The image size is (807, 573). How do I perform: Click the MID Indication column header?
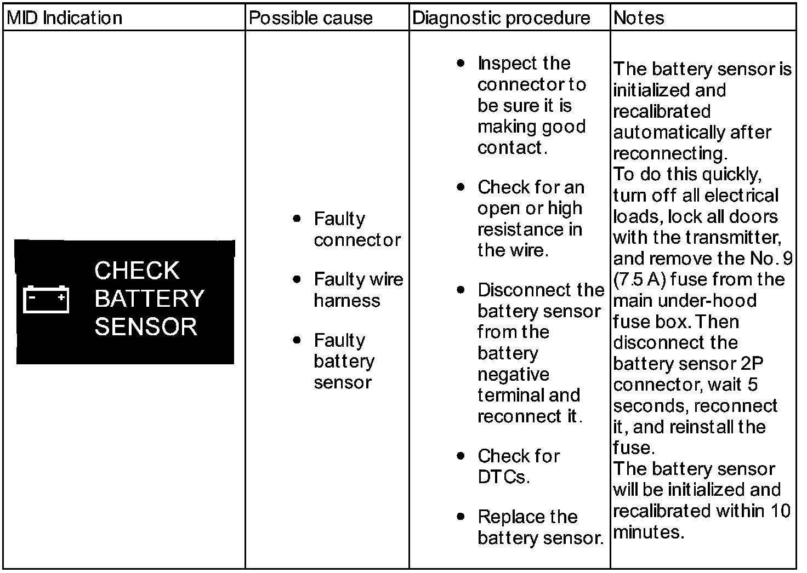(64, 18)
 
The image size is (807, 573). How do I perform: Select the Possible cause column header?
(310, 18)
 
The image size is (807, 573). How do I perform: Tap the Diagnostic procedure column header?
(501, 18)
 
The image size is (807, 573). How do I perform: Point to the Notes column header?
(639, 18)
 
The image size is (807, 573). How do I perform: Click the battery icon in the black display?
(46, 299)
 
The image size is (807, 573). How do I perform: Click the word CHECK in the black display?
(137, 271)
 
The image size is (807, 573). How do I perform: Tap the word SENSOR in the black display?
(146, 326)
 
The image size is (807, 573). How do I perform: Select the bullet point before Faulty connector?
(297, 219)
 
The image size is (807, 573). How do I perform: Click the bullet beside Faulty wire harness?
(297, 279)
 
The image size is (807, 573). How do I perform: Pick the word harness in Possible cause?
(346, 300)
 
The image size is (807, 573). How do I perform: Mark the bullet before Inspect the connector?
(461, 63)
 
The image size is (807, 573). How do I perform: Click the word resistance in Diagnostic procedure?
(515, 229)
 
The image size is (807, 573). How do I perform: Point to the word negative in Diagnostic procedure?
(513, 374)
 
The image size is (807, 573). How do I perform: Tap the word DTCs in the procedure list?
(503, 477)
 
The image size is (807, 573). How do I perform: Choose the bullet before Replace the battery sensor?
(461, 517)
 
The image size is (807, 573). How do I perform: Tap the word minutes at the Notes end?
(648, 532)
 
